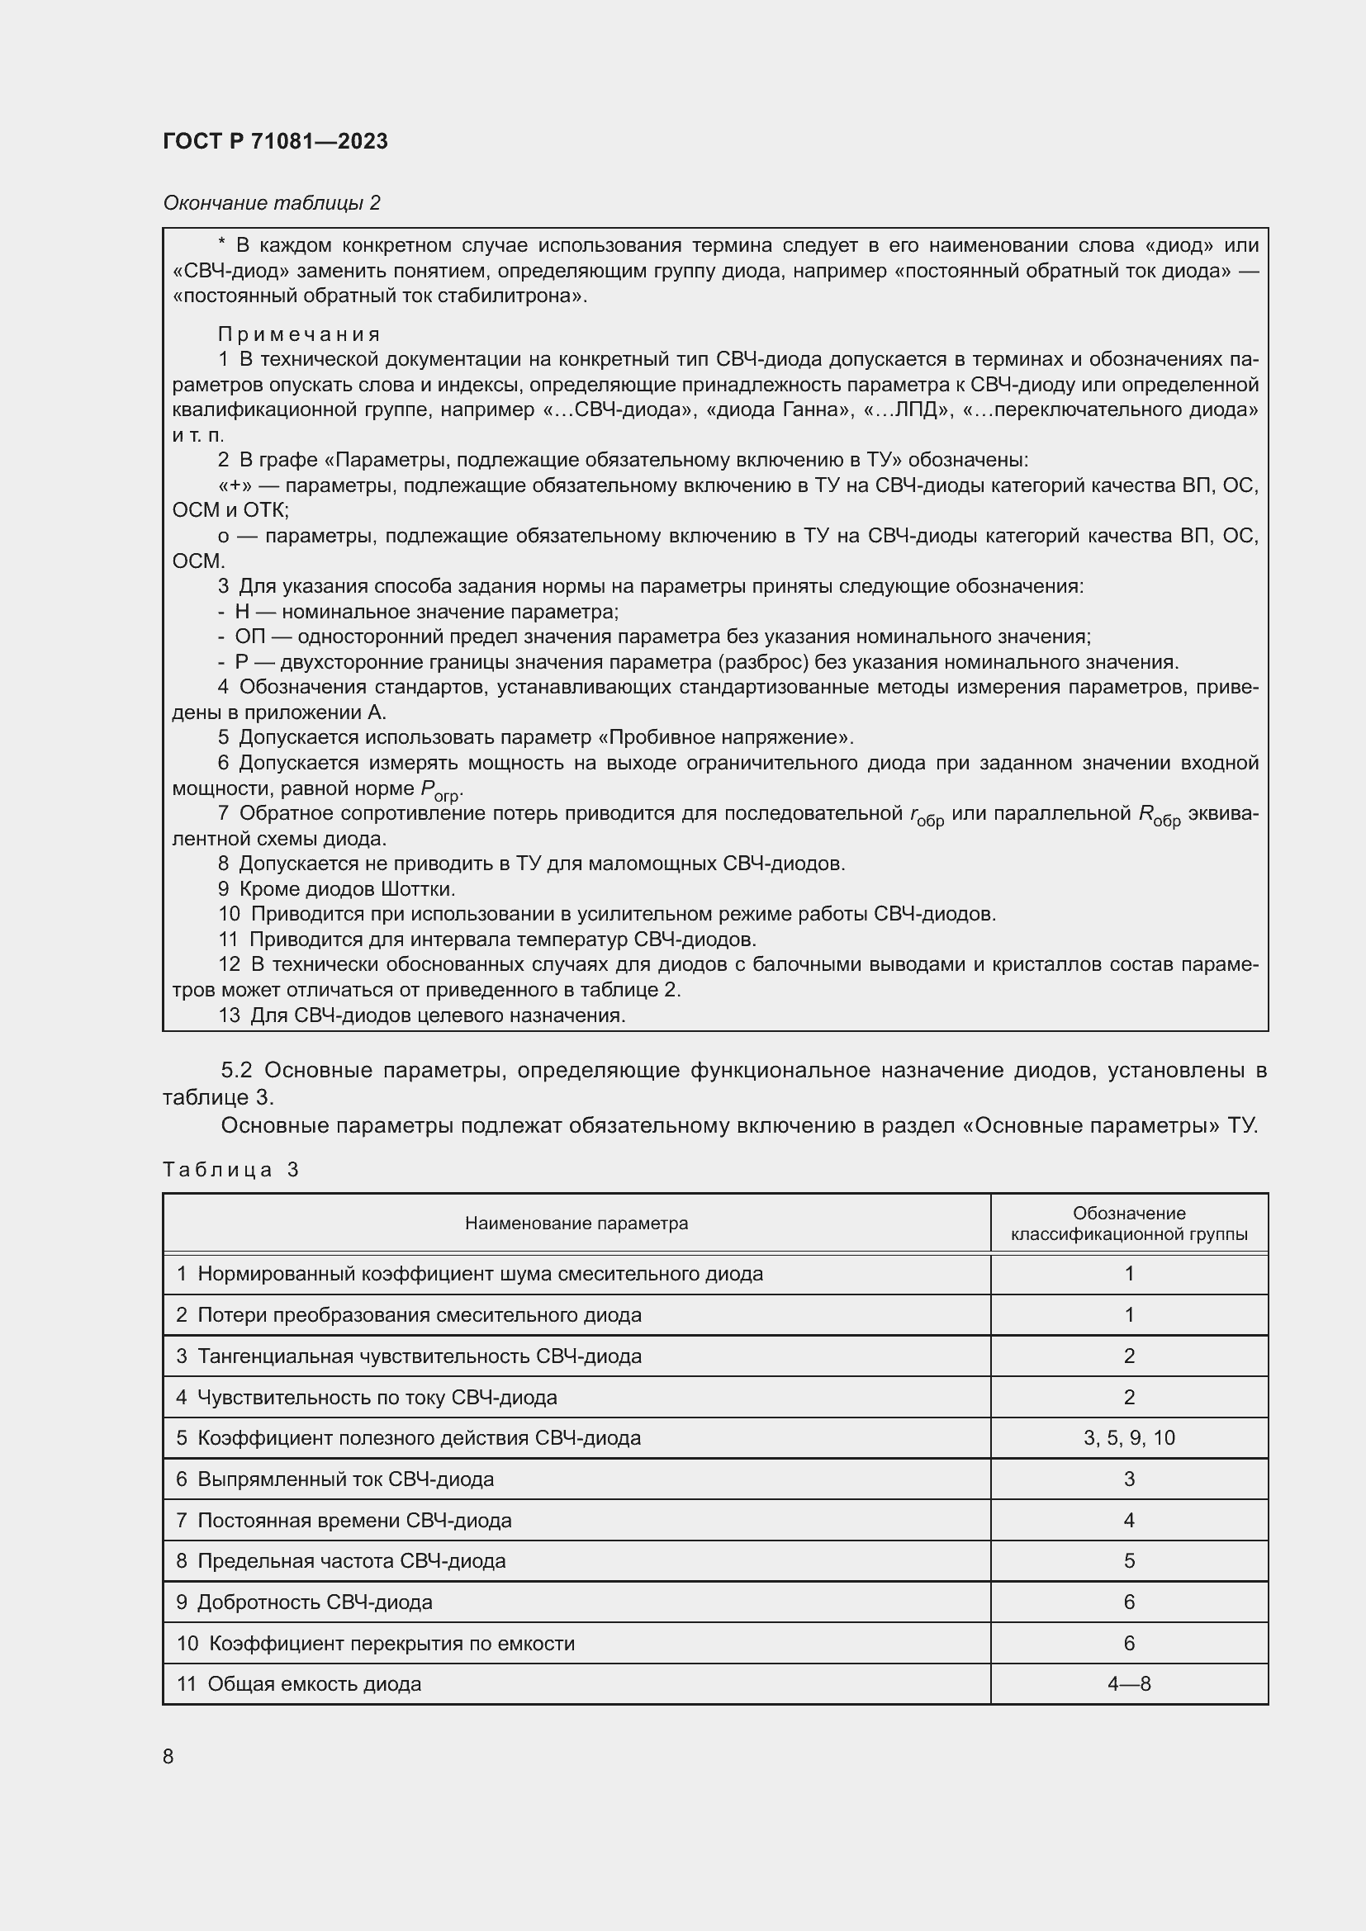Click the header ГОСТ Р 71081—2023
(275, 141)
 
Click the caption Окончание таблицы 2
(271, 203)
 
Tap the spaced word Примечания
(299, 334)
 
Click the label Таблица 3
(230, 1170)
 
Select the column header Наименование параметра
(576, 1223)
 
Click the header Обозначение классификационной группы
(1128, 1223)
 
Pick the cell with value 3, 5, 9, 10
(1128, 1438)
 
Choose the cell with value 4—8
(1128, 1683)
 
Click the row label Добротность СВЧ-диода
(315, 1602)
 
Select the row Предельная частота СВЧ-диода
(352, 1561)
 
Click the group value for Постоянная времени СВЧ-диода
(1128, 1520)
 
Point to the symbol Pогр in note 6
(441, 790)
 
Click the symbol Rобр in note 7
(1159, 815)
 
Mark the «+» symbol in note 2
(230, 486)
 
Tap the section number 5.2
(236, 1071)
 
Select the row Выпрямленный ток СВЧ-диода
(346, 1479)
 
